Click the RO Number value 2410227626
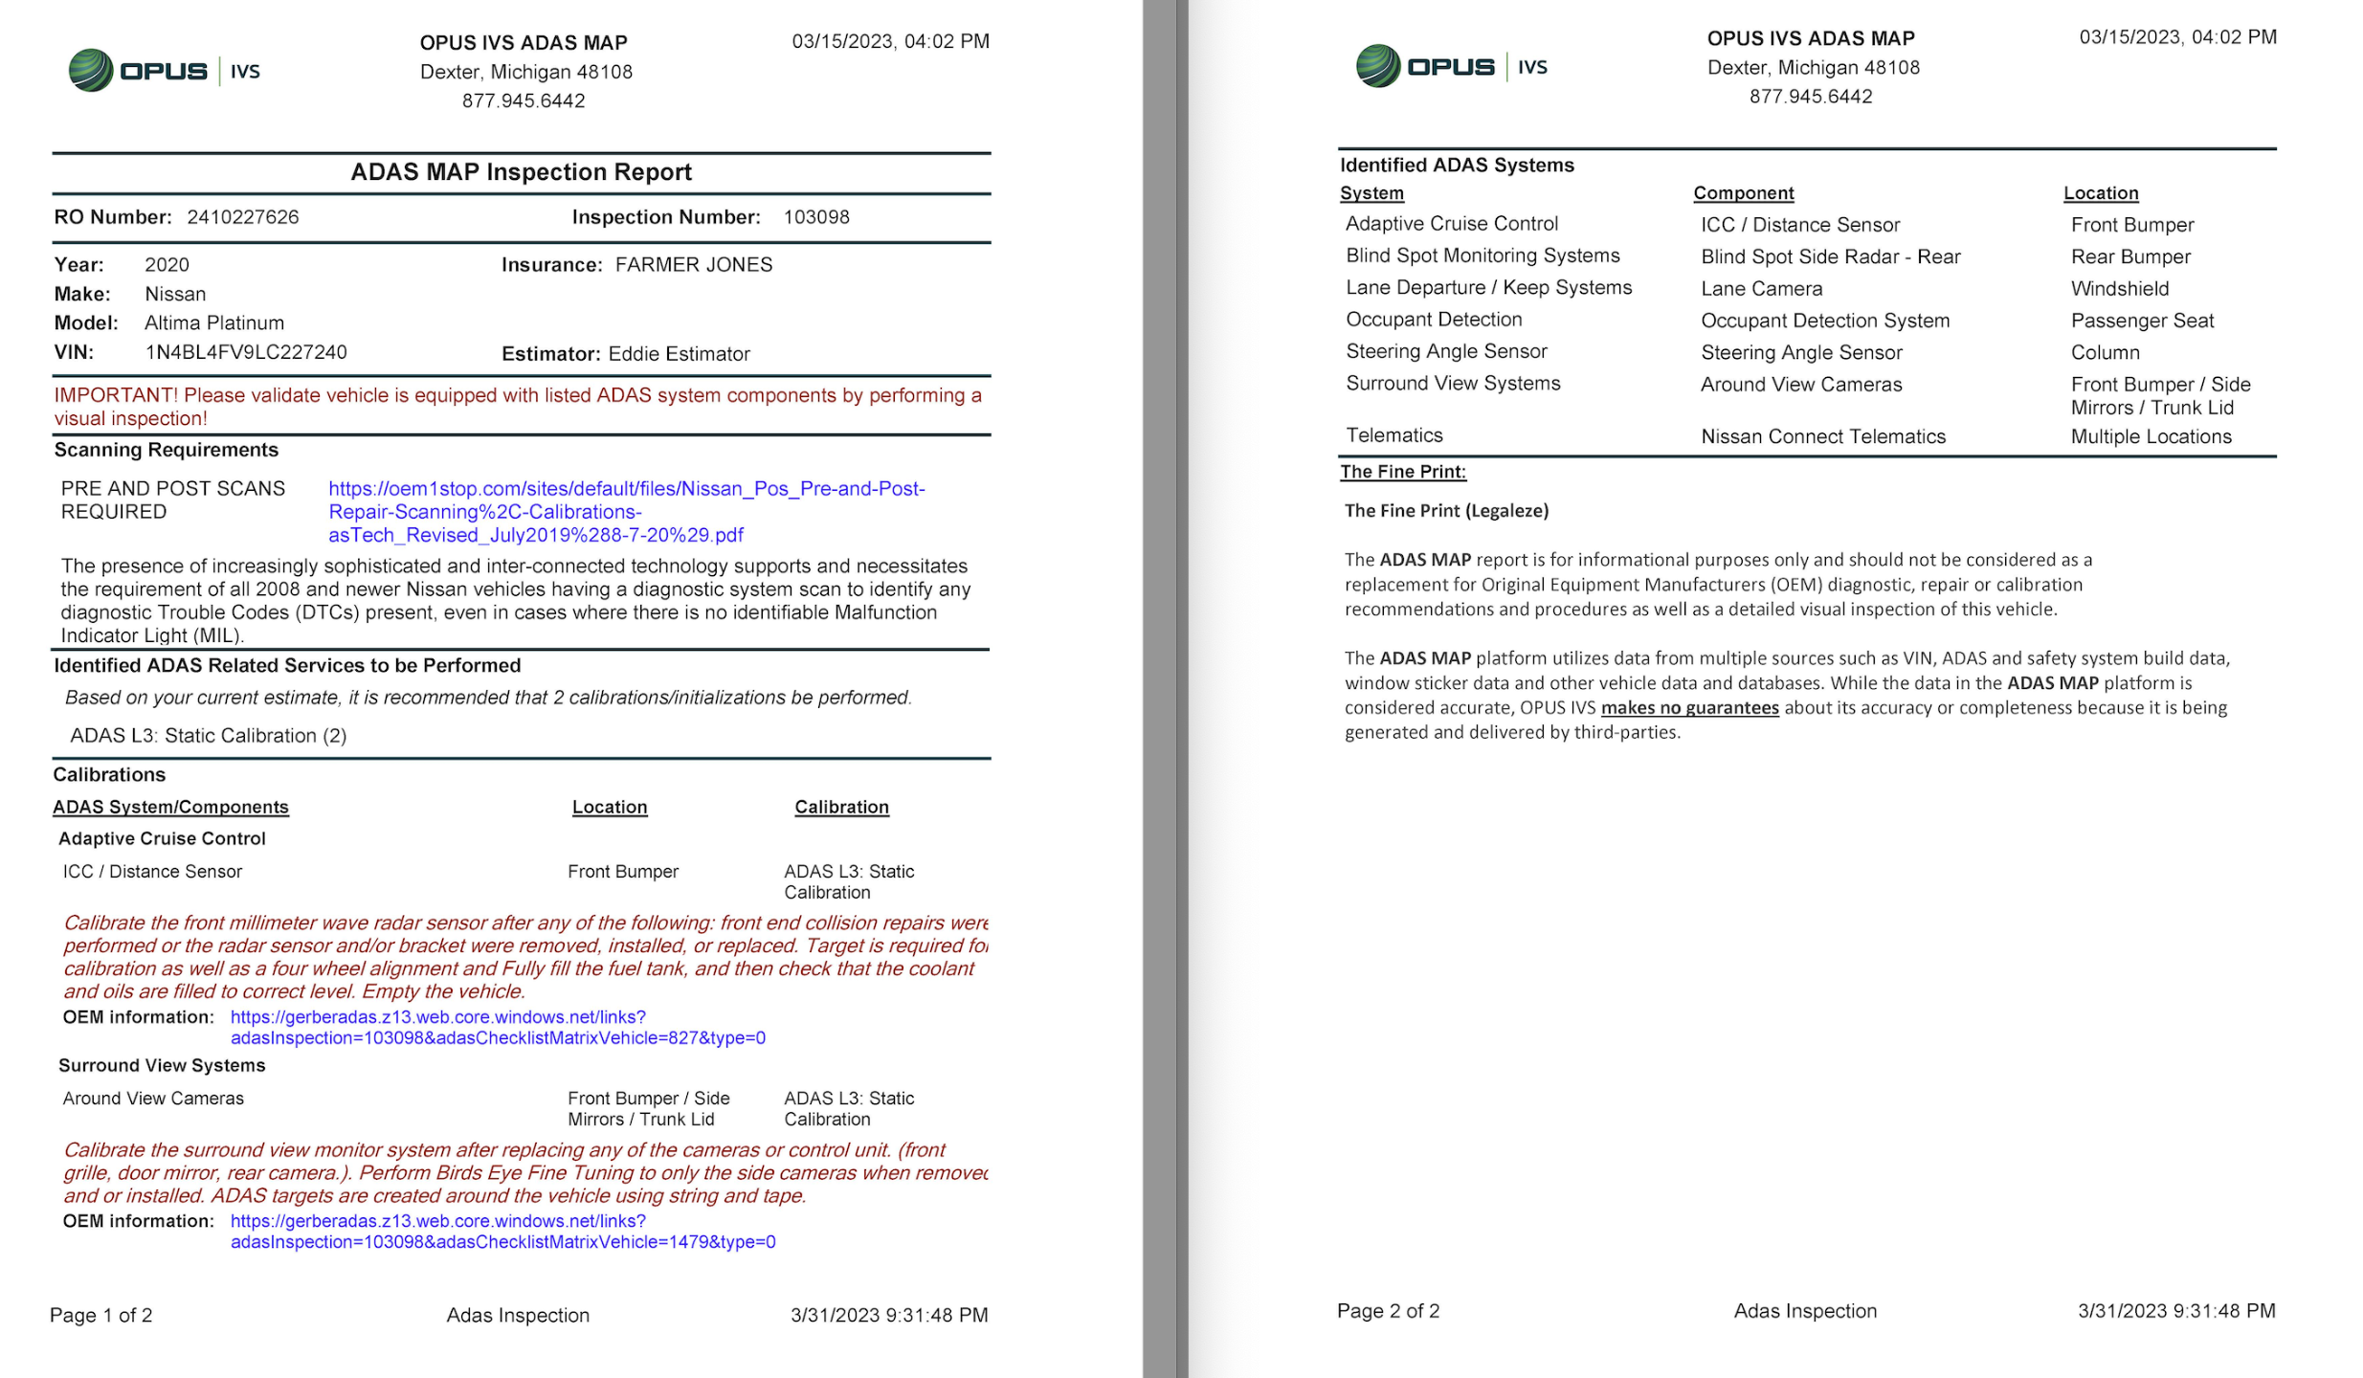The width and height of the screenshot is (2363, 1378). click(x=242, y=217)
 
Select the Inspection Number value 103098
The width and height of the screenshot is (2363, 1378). click(x=815, y=217)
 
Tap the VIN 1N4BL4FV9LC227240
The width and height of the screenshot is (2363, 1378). click(x=245, y=352)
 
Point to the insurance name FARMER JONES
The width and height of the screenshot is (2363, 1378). click(x=693, y=265)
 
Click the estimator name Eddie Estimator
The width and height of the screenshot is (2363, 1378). click(x=679, y=354)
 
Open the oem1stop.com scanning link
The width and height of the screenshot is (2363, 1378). click(x=626, y=512)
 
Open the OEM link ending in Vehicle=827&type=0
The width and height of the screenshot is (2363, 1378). click(x=497, y=1028)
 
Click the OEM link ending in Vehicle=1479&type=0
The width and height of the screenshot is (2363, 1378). click(x=502, y=1232)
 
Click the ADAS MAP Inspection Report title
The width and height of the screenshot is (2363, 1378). click(x=521, y=172)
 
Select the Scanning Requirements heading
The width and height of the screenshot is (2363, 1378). click(x=166, y=450)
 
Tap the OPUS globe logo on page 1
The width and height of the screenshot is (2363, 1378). click(x=91, y=71)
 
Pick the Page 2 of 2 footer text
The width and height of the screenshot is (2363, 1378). click(x=1387, y=1311)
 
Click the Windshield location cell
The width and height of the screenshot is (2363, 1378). click(x=2119, y=289)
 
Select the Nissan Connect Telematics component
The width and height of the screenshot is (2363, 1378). click(x=1822, y=437)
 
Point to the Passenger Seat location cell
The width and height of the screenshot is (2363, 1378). click(x=2141, y=322)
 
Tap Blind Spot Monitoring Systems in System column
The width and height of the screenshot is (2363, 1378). click(x=1482, y=256)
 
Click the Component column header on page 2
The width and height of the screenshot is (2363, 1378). click(x=1743, y=193)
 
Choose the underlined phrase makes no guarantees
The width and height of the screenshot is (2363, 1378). click(x=1688, y=708)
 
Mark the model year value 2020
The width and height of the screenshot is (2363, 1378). click(x=167, y=265)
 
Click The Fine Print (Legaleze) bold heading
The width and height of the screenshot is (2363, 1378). click(x=1445, y=511)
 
